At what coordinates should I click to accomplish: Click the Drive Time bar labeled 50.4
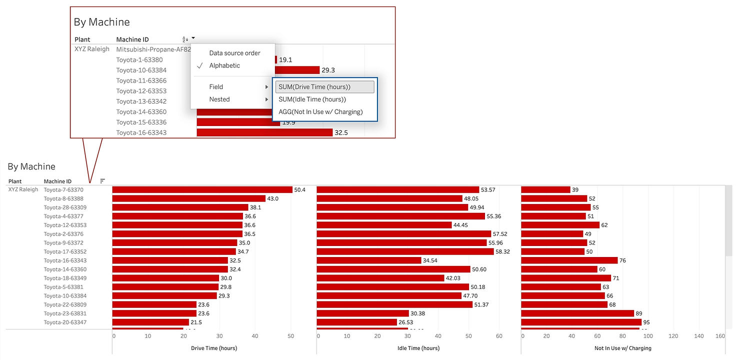202,190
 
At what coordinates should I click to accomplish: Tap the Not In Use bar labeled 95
581,322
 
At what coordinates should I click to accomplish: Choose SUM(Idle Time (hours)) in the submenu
312,99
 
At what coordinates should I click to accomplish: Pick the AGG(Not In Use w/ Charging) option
320,112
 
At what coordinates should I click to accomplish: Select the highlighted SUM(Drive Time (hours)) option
314,87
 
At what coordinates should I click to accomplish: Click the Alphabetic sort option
224,65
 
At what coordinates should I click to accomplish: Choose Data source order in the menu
234,53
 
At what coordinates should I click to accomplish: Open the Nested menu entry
219,99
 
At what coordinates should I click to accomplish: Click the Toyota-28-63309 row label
65,207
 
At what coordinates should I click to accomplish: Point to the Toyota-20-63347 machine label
65,322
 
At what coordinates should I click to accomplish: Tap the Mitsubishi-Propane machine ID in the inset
153,49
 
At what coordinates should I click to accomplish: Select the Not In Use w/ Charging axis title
623,348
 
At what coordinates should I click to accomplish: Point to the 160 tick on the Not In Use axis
720,336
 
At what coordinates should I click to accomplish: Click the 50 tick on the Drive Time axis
290,336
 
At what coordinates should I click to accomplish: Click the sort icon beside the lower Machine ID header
102,181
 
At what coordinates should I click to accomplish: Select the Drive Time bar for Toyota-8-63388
188,198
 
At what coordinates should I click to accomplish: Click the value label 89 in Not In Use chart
639,313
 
